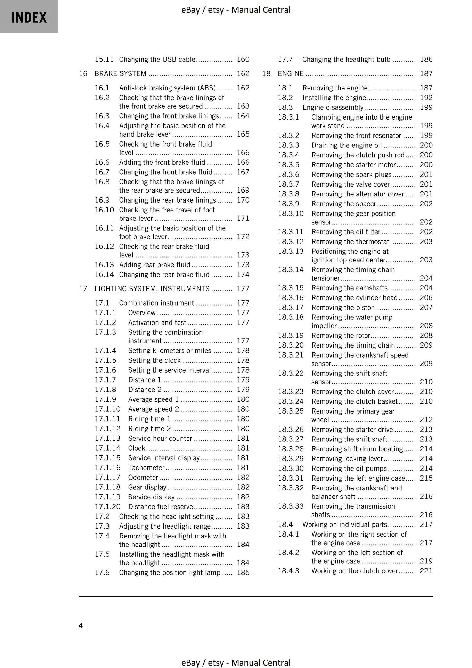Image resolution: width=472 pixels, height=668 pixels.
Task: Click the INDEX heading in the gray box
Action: (x=29, y=17)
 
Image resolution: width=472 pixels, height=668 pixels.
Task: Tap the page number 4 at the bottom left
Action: (x=81, y=626)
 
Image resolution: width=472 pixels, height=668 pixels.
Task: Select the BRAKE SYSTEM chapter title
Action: (x=120, y=73)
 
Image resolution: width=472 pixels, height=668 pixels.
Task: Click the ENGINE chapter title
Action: (x=290, y=73)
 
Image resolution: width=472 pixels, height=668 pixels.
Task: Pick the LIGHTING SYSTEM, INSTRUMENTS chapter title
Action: (x=152, y=289)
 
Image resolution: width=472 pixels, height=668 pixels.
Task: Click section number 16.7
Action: (x=102, y=172)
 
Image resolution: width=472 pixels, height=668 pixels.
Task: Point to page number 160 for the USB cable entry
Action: (x=243, y=59)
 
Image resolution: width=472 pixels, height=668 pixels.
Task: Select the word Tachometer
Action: (x=146, y=468)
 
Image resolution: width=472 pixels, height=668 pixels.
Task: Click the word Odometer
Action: (x=143, y=477)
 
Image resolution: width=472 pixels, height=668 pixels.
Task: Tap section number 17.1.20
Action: (x=107, y=506)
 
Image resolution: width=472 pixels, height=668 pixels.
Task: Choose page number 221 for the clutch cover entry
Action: (x=426, y=570)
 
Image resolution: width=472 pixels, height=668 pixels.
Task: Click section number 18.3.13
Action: (x=290, y=251)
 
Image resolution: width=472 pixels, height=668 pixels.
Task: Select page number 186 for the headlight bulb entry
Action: (x=426, y=59)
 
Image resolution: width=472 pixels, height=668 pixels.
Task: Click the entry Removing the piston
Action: (x=343, y=308)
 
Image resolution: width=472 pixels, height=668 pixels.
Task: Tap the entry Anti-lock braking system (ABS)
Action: (x=167, y=88)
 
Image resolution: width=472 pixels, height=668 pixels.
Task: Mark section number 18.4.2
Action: (x=288, y=552)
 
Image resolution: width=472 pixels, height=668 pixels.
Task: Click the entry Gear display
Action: (x=147, y=487)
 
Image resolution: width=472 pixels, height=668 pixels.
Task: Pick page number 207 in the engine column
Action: (x=426, y=308)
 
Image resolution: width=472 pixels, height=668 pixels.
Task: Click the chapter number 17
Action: (x=83, y=289)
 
